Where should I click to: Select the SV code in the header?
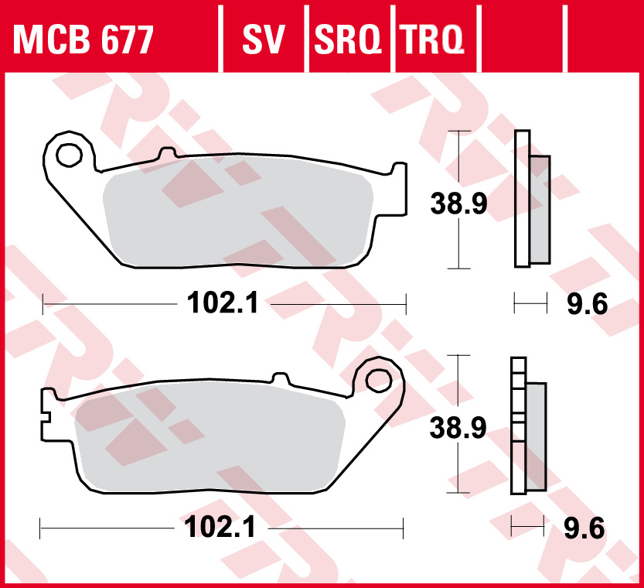[x=264, y=39]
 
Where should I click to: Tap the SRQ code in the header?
[x=348, y=39]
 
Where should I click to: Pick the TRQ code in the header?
[x=431, y=39]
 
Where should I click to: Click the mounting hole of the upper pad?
[x=68, y=155]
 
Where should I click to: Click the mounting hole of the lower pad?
[x=379, y=380]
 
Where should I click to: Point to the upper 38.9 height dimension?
[x=458, y=205]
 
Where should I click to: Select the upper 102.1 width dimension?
[x=222, y=303]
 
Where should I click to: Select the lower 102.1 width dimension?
[x=220, y=528]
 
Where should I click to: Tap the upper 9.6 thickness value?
[x=588, y=304]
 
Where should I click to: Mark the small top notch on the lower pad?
[x=279, y=378]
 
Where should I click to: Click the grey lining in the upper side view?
[x=540, y=209]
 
